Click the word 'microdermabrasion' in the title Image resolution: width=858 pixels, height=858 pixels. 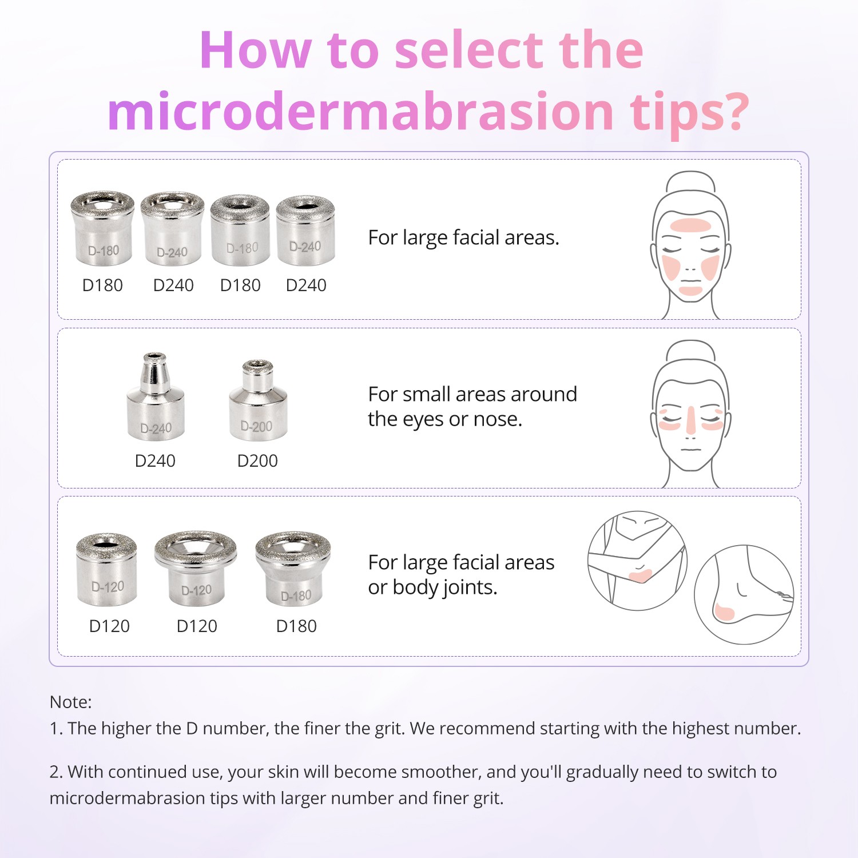[x=360, y=112]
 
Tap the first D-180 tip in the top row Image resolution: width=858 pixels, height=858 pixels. [x=102, y=229]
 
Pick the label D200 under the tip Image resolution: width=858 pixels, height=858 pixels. [x=257, y=460]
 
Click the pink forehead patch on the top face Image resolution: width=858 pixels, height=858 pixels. [x=691, y=225]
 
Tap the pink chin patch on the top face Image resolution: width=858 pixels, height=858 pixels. [x=690, y=291]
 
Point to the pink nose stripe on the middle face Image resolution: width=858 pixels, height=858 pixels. [x=691, y=420]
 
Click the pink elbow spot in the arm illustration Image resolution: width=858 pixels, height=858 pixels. [x=640, y=575]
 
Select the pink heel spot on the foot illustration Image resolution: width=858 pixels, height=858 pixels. [x=723, y=613]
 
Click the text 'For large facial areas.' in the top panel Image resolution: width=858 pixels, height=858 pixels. [x=463, y=237]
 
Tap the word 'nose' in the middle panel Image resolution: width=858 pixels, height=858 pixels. [x=496, y=419]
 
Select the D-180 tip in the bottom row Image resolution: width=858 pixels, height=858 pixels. [x=293, y=569]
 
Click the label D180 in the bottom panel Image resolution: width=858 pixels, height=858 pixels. [x=296, y=626]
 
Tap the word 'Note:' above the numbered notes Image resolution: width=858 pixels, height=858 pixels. [x=70, y=702]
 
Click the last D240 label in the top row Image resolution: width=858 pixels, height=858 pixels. [x=306, y=285]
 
